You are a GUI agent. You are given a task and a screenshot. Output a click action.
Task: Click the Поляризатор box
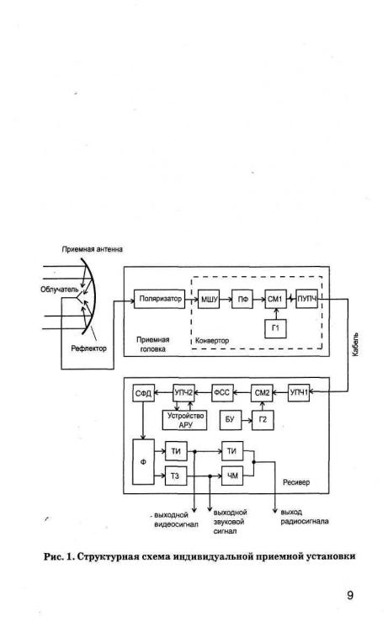159,299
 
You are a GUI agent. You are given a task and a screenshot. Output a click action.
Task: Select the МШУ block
209,299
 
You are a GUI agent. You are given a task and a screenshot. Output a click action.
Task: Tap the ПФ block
242,299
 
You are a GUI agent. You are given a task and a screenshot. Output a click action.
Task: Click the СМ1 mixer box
275,299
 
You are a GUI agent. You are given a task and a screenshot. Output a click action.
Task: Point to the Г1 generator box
275,328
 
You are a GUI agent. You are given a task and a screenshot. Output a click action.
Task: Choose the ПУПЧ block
307,299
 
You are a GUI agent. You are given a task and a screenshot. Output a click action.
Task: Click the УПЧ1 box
299,393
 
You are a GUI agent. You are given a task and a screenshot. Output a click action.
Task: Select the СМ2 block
262,393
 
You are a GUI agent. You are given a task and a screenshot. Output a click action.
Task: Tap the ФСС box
222,393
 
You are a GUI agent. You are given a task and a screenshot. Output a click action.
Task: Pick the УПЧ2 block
183,393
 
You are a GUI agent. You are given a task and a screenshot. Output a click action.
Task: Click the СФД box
143,393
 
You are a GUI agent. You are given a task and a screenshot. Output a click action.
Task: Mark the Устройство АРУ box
185,420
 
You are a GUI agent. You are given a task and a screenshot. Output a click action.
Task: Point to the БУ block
230,420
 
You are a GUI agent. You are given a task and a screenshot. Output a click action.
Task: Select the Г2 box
263,420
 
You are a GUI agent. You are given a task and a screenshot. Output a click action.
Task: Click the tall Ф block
143,462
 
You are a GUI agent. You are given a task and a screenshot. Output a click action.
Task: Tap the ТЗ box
176,476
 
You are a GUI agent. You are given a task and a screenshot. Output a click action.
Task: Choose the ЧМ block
232,476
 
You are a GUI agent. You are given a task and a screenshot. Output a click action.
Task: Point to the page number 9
350,595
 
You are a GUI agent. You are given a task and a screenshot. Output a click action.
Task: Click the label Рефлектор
89,348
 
